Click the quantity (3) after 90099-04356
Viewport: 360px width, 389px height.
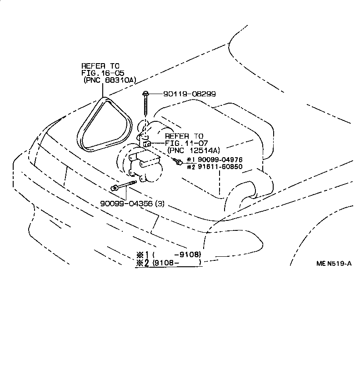tap(160, 204)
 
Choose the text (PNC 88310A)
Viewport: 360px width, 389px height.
tap(110, 80)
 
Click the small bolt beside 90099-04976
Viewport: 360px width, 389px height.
tap(179, 161)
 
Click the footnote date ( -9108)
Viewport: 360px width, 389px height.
tap(178, 254)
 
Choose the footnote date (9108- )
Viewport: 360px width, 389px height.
tap(177, 262)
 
